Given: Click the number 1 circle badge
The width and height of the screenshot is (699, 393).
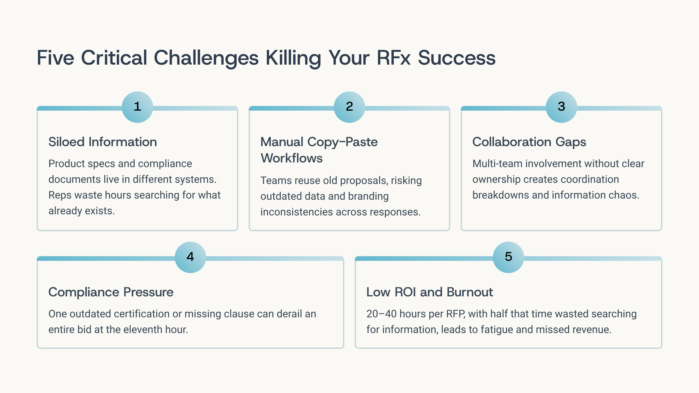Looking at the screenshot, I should [x=137, y=107].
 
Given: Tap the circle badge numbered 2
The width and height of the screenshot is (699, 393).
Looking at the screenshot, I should [x=349, y=107].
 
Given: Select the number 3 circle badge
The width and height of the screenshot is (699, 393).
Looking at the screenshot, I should [x=561, y=107].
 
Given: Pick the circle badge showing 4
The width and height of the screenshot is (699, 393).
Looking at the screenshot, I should [x=190, y=257].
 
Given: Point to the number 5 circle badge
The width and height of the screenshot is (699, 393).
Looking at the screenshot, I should [x=508, y=257].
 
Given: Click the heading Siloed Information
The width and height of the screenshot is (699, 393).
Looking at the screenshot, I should [x=103, y=142].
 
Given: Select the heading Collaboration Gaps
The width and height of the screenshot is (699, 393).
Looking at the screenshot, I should [x=529, y=142].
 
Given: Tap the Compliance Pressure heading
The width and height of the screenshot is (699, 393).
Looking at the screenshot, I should [x=111, y=292].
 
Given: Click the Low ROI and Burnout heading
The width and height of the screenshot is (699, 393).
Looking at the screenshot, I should [x=429, y=292].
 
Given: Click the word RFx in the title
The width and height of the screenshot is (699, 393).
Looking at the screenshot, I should [x=393, y=58].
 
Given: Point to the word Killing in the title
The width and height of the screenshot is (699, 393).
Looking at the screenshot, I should [x=293, y=58].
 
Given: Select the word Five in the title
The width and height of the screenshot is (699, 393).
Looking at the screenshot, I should [x=55, y=58].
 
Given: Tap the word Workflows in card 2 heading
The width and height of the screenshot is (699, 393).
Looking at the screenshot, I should [x=292, y=158].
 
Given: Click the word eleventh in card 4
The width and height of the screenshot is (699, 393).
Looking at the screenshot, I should [x=141, y=330].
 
